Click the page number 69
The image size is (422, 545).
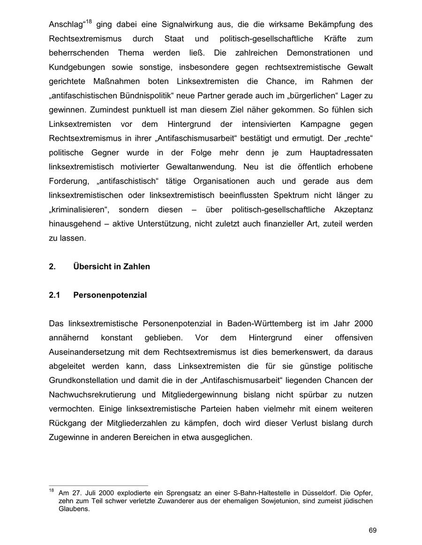(372, 530)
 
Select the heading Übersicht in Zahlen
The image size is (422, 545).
(112, 267)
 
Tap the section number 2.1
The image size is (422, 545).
(55, 295)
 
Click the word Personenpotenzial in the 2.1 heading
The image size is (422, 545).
(110, 295)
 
